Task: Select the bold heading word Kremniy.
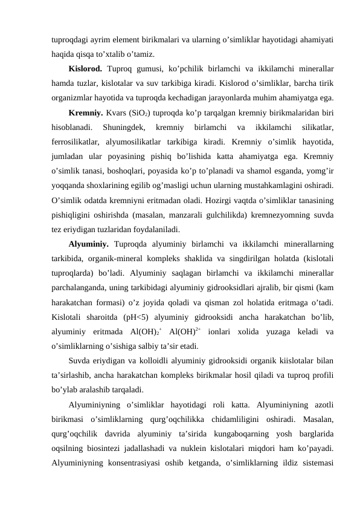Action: point(86,112)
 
